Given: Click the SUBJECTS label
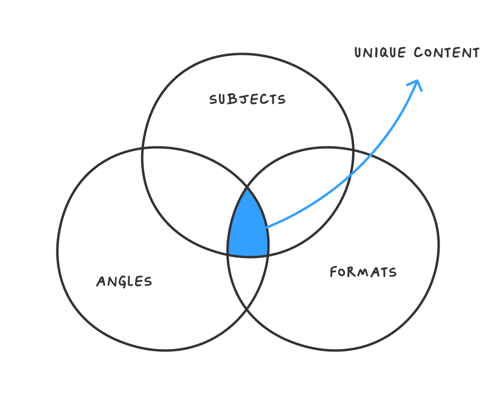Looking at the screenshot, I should pyautogui.click(x=247, y=99).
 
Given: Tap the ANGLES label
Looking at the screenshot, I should pyautogui.click(x=124, y=281).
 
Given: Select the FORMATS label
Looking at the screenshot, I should pyautogui.click(x=363, y=272).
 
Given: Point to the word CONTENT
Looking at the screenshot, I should pyautogui.click(x=446, y=52).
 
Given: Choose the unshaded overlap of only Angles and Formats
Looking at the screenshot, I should pyautogui.click(x=248, y=279).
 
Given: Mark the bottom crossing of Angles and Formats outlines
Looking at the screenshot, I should pyautogui.click(x=247, y=309).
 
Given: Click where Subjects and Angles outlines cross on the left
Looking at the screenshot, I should pyautogui.click(x=143, y=149).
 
